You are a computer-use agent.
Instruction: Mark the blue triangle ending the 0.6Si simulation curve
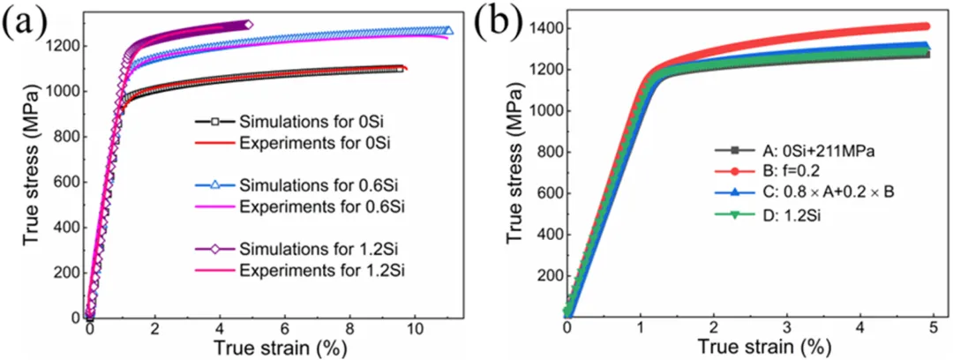click(x=447, y=31)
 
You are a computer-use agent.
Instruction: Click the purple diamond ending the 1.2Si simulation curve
click(x=248, y=25)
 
